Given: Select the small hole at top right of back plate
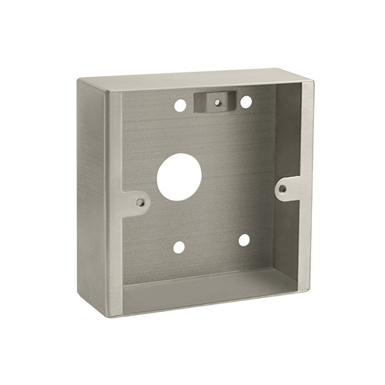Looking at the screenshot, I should tap(246, 101).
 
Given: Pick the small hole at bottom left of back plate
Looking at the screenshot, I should tap(179, 247).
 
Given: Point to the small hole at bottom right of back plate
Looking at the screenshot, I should tap(243, 239).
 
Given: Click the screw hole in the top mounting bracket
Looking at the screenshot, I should tap(216, 99).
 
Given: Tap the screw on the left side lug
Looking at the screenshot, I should tap(139, 203).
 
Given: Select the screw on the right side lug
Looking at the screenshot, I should tap(283, 188).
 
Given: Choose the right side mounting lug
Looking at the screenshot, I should tap(287, 187).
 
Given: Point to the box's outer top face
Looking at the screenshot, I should tap(192, 79).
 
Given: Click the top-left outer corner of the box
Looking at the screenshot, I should tap(82, 78).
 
